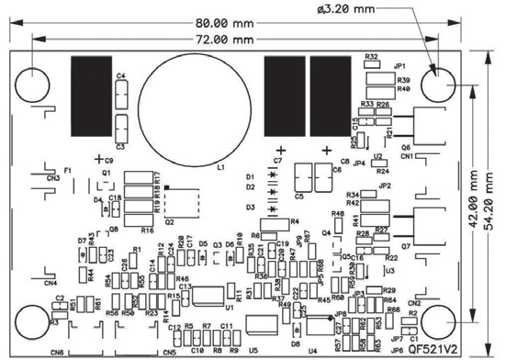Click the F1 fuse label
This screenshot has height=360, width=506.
tap(68, 171)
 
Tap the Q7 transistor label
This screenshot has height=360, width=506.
tap(405, 247)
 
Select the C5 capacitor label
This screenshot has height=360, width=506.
tap(299, 196)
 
